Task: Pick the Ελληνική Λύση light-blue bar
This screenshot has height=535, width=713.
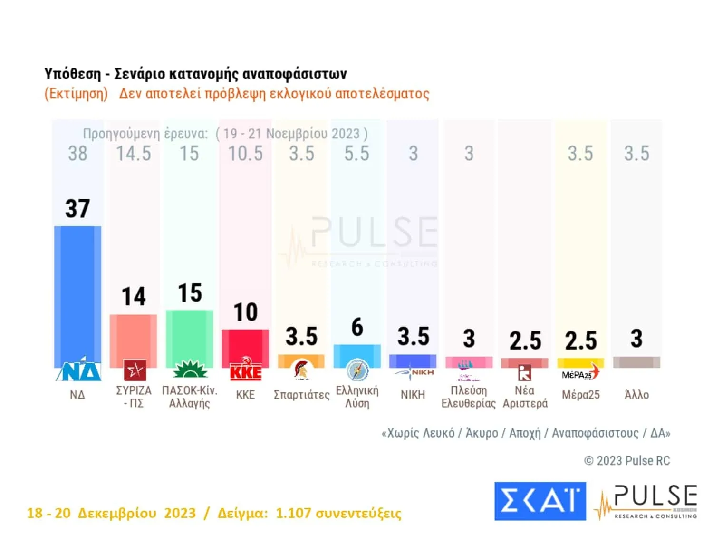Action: click(x=357, y=354)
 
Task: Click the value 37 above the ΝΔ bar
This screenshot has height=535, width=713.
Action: click(x=77, y=209)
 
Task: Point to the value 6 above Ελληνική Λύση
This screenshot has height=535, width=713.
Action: click(x=357, y=327)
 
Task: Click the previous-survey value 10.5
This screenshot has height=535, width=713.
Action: click(x=245, y=154)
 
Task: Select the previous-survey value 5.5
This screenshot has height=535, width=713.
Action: click(x=356, y=154)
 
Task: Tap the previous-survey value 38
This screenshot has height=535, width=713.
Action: click(x=77, y=154)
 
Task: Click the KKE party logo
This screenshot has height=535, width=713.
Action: click(x=246, y=370)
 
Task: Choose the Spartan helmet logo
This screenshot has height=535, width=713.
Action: click(x=301, y=370)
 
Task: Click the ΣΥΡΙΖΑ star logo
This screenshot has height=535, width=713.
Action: click(x=135, y=370)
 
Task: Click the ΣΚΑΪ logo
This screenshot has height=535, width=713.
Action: click(x=540, y=501)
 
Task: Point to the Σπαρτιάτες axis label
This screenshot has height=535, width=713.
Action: click(x=301, y=395)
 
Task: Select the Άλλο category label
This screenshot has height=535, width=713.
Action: click(x=636, y=395)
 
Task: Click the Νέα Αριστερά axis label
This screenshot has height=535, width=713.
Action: click(x=525, y=397)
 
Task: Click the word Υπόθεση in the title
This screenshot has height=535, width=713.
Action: click(x=72, y=74)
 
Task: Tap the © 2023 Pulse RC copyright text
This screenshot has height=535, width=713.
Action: click(x=627, y=460)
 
